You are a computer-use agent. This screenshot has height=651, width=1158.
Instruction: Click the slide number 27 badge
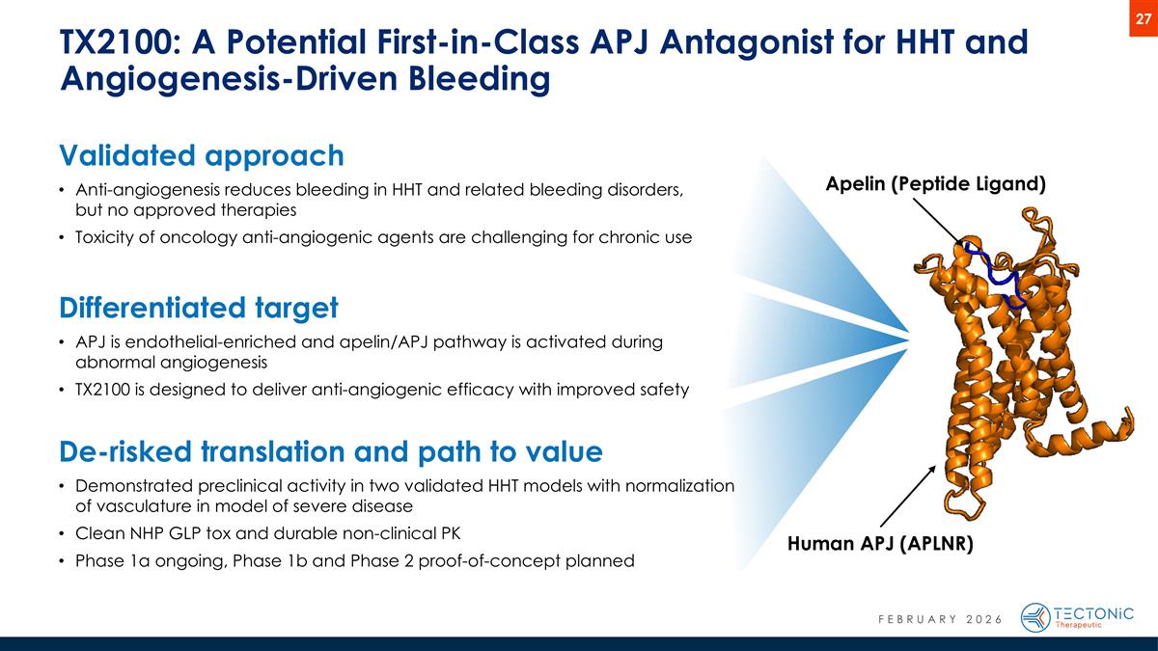pos(1142,18)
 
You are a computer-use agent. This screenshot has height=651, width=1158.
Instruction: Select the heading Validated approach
pos(201,155)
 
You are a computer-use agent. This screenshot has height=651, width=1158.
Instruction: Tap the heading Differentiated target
pos(198,308)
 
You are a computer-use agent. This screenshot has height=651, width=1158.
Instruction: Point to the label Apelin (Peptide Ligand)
pos(936,184)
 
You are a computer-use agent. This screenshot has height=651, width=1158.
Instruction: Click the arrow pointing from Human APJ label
pos(906,495)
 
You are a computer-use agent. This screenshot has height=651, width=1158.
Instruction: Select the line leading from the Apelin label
pos(940,221)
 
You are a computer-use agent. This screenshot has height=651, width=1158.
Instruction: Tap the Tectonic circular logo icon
pos(1035,617)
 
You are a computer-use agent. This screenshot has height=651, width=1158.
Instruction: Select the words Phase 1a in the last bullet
pos(113,560)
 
